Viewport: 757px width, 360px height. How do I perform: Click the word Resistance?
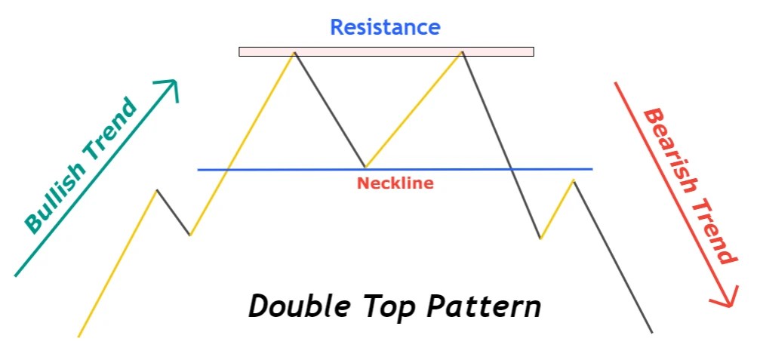(x=385, y=28)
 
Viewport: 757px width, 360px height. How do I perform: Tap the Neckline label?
(x=395, y=183)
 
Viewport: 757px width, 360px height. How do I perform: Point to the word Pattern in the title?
(x=483, y=307)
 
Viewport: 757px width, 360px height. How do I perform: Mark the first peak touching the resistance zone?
(x=294, y=52)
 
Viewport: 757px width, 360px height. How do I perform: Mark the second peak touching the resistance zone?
(x=462, y=52)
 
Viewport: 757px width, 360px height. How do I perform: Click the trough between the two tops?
(x=365, y=166)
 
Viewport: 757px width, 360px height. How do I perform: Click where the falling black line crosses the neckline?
(x=512, y=169)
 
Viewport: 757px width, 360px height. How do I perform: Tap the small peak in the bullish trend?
(x=156, y=190)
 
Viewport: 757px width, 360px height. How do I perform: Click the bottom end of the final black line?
(x=651, y=332)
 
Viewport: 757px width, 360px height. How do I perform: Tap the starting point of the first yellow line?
(x=78, y=336)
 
